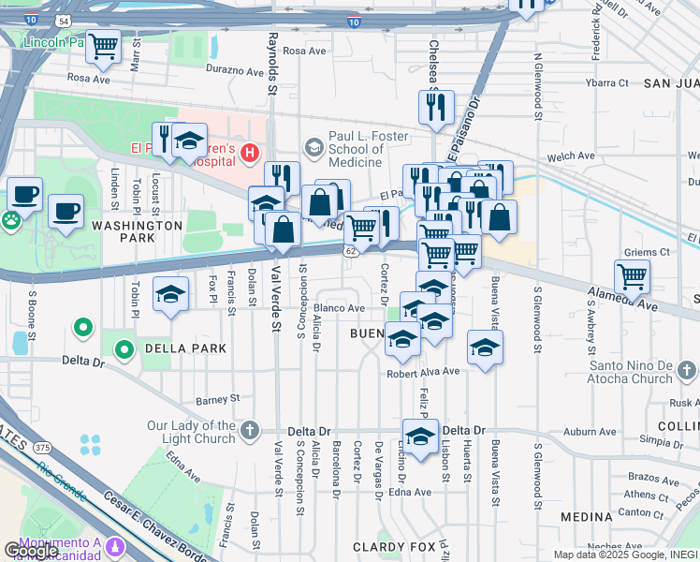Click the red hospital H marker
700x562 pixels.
(x=249, y=152)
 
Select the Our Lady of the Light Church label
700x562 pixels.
(x=191, y=432)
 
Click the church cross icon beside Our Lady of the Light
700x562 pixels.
(x=249, y=431)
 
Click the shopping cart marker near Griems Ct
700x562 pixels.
(x=633, y=276)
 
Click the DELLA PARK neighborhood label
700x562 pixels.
(x=185, y=348)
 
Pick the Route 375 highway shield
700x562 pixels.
(x=41, y=449)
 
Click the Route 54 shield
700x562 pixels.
(x=62, y=20)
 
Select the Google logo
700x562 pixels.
(x=31, y=550)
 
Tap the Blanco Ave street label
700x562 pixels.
(x=339, y=307)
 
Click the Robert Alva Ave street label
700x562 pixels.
(x=424, y=371)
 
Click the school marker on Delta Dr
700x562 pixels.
(x=420, y=436)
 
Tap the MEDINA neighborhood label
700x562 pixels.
(x=586, y=516)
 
